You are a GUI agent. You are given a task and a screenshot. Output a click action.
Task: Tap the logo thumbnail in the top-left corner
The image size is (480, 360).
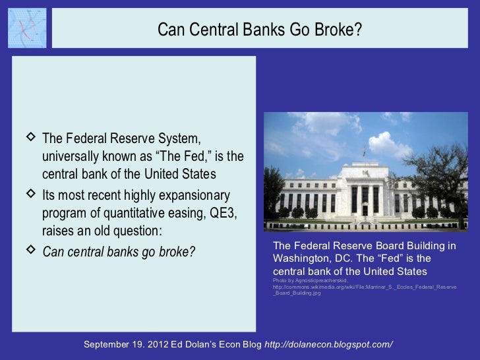(x=27, y=28)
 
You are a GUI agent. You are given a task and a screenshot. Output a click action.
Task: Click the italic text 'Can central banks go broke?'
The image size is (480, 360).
(x=119, y=253)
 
